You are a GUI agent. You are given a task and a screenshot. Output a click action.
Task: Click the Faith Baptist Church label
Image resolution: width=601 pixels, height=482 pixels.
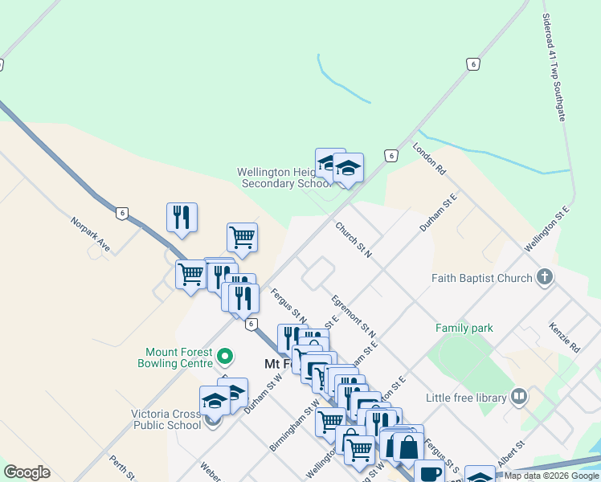click(x=481, y=278)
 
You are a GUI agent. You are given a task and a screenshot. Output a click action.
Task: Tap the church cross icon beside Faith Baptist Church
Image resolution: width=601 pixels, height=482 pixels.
click(x=545, y=278)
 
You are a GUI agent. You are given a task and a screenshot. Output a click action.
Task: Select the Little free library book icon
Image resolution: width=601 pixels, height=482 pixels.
click(x=519, y=397)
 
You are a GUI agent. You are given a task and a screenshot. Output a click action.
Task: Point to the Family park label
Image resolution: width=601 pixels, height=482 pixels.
click(x=464, y=328)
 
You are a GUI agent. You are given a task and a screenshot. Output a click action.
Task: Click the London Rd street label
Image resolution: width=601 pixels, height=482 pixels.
click(x=428, y=158)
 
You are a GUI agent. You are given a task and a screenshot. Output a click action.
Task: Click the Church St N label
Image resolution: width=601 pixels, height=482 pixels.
click(x=354, y=240)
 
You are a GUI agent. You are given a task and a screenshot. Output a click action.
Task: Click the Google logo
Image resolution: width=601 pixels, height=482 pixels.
click(x=27, y=472)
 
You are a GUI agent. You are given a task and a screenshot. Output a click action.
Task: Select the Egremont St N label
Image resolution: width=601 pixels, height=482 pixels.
click(x=354, y=315)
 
